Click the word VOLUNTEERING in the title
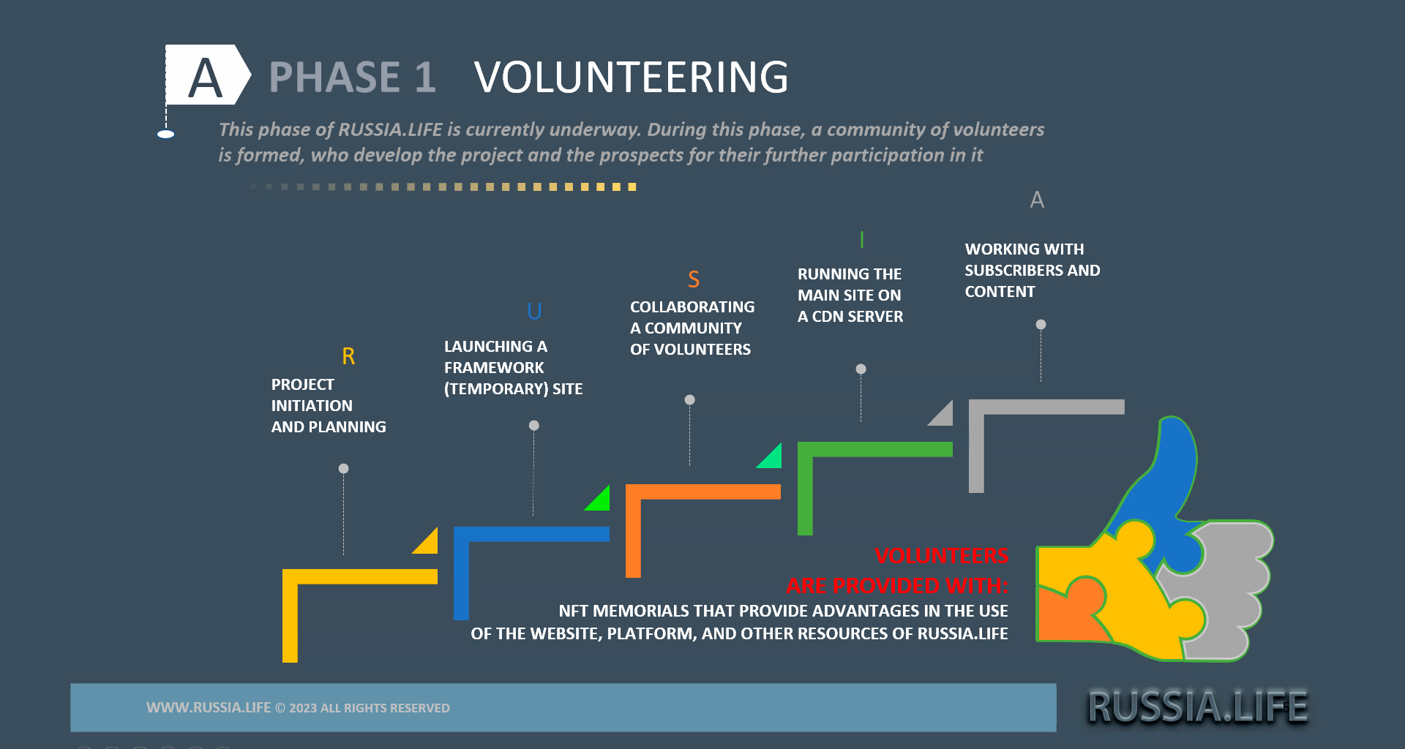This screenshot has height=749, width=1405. pos(631,78)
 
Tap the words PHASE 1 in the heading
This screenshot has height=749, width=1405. pos(352,78)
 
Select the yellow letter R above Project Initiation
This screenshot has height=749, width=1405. pos(348,356)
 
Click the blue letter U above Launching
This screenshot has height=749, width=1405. pos(534,312)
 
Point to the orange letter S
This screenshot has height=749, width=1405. pos(694,279)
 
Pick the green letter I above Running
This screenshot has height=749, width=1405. pos(862,240)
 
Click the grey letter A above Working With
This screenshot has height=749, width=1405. pos(1037,200)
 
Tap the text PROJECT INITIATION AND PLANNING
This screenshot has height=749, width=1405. pos(328,406)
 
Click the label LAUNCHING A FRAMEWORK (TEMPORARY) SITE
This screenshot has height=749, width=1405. pos(512,368)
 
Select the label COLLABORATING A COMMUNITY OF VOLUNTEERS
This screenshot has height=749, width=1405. pos(692,328)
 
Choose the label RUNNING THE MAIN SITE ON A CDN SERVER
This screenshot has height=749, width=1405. pos(850,296)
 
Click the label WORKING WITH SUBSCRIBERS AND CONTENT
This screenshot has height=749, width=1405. pos(1031,271)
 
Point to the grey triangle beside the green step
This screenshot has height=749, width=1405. pos(943,415)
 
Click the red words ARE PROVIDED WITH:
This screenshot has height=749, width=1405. pos(896,586)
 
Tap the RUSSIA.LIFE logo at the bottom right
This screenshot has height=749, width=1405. pos(1197,707)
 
